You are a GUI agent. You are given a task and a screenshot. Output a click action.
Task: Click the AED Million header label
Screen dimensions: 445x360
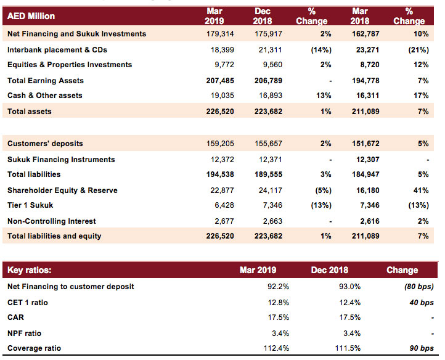coord(31,16)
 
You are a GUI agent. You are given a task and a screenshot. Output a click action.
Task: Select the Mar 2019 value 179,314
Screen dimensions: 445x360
coord(220,34)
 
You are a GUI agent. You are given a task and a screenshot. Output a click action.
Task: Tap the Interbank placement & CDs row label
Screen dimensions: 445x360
coord(57,50)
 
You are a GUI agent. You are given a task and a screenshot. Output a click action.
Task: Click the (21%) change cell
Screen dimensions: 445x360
coord(418,50)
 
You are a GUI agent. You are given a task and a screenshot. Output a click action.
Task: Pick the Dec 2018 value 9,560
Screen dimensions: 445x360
coord(272,65)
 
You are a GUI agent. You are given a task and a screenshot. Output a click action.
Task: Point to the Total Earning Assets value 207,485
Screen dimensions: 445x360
coord(220,81)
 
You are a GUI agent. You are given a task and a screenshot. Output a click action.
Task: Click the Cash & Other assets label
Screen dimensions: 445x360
coord(45,96)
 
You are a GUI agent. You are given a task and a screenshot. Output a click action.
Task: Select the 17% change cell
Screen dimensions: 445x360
coord(421,96)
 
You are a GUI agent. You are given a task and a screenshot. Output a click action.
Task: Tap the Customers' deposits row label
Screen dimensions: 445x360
coord(45,144)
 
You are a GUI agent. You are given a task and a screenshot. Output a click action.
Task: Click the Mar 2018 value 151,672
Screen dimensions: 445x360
coord(365,144)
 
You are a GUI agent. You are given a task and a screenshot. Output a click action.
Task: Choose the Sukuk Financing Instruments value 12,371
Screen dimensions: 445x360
coord(271,160)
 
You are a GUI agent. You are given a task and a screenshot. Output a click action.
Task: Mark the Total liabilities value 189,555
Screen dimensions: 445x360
coord(268,174)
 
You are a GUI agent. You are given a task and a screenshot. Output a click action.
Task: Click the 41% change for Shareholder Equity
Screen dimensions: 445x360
coord(421,190)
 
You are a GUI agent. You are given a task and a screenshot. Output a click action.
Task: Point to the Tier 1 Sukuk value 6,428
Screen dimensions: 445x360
coord(224,205)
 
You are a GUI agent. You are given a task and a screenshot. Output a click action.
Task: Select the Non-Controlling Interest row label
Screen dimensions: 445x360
coord(52,221)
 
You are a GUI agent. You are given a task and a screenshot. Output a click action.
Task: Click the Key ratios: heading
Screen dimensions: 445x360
coord(30,270)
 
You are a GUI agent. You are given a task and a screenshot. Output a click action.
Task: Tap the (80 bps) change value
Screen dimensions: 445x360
coord(419,287)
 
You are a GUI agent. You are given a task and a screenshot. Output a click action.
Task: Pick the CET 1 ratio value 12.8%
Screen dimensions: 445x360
coord(279,303)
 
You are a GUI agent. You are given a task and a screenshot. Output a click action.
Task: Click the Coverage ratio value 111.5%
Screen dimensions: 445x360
coord(348,348)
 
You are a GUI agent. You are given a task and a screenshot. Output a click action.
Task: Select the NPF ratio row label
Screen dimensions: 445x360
coord(25,333)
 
